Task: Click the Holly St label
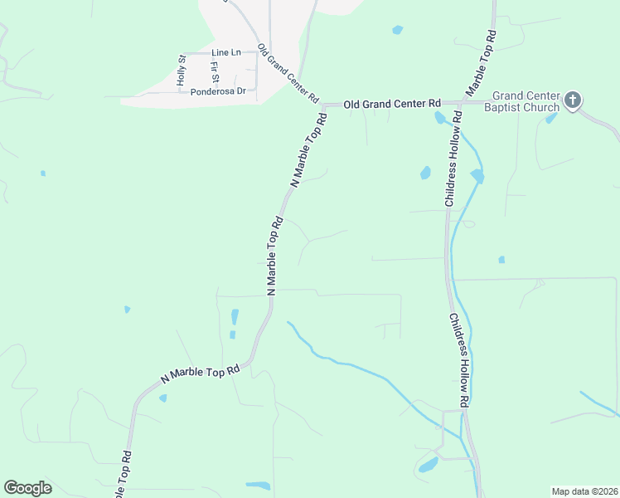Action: click(x=182, y=71)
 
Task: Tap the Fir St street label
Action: click(x=214, y=72)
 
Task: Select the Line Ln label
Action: click(x=225, y=52)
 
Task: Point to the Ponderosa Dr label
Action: click(x=218, y=91)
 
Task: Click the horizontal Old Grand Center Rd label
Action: click(x=392, y=104)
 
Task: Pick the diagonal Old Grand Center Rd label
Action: click(x=288, y=73)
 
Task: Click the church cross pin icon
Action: click(x=573, y=101)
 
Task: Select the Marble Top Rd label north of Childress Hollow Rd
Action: click(x=482, y=62)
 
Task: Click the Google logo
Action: click(x=27, y=488)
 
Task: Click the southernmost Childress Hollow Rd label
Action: click(x=460, y=359)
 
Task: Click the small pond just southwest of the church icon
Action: click(x=551, y=119)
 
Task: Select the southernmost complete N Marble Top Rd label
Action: click(x=200, y=373)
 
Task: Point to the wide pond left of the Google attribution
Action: click(x=259, y=485)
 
